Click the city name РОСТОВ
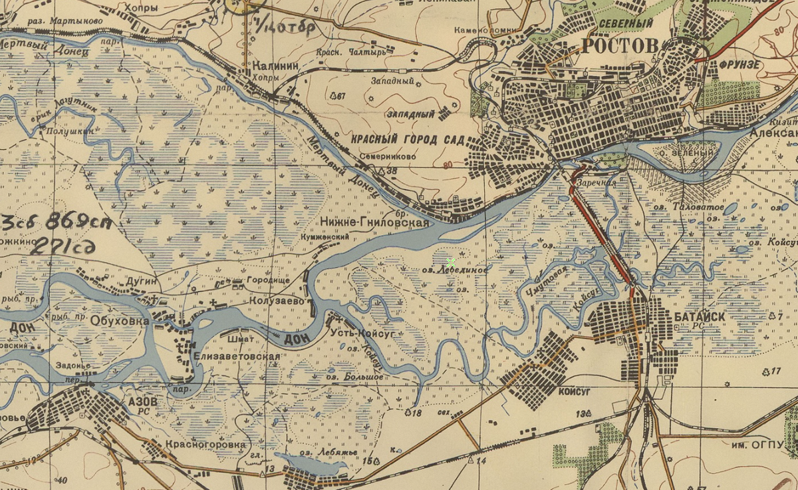click(x=619, y=45)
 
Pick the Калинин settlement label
click(x=275, y=66)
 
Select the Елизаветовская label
click(x=237, y=357)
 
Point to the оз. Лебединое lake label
click(x=456, y=271)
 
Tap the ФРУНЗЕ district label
click(x=739, y=66)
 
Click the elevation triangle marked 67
click(x=333, y=97)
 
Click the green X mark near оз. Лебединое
click(x=451, y=262)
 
